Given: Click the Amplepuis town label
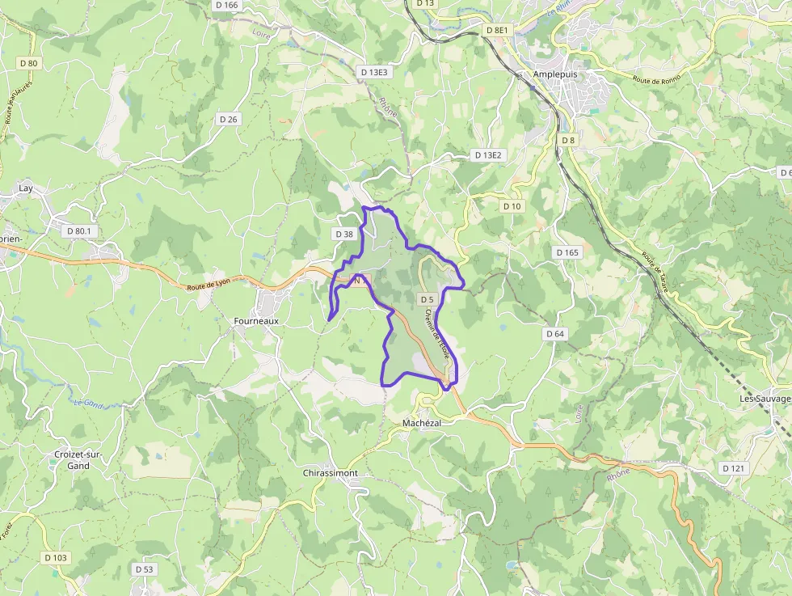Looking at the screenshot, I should coord(557,74).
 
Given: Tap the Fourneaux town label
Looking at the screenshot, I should coord(256,321).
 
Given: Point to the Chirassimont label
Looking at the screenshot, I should coord(330,473).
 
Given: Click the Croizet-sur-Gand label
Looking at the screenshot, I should coord(78,460).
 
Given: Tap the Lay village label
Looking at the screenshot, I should coord(26,188).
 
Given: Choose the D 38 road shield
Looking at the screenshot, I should coord(343,235).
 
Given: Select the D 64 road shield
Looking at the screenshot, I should coord(554,334).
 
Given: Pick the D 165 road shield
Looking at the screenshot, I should coord(567,253).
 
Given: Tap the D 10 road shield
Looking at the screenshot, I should coord(512,206).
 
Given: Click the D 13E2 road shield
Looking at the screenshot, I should coord(488,154).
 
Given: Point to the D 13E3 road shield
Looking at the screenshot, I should coord(374,72).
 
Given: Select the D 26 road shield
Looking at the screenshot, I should coord(228,120).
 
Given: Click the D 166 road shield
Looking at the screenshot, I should coord(227,5).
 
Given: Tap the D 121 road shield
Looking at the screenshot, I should coord(733,468).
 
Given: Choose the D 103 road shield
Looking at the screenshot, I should coord(56,558).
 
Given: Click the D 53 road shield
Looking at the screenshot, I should coord(144,569).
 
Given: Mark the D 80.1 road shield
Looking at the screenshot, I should coord(79,231).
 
